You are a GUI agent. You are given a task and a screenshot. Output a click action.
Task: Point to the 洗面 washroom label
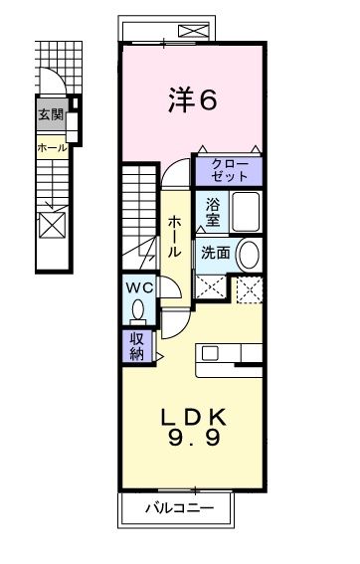[217, 253]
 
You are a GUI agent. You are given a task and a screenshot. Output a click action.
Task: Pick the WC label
[138, 288]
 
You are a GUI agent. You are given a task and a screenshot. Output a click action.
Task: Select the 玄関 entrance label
[50, 115]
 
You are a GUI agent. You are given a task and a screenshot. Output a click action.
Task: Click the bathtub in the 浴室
[246, 212]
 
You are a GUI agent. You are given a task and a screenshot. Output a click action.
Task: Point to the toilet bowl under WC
[138, 311]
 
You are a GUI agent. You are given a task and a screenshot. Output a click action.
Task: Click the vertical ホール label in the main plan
[173, 237]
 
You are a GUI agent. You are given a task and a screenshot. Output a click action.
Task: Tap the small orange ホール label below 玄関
[51, 148]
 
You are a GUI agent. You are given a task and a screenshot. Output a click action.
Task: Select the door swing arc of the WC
[170, 287]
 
